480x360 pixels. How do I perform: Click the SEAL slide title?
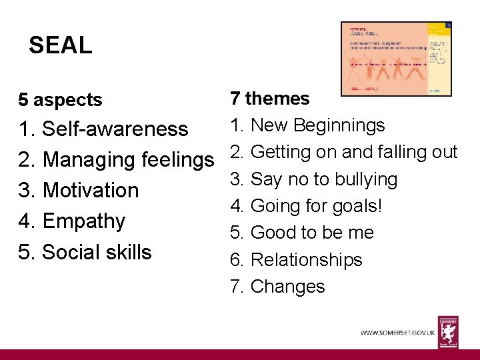click(x=61, y=45)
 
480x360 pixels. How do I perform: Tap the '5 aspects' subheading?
click(x=61, y=100)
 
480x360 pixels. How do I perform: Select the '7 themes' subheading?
click(x=269, y=99)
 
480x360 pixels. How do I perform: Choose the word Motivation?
click(x=91, y=190)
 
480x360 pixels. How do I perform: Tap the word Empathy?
click(x=84, y=221)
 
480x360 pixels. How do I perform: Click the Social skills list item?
click(x=97, y=252)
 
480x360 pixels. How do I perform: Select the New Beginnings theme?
click(x=317, y=125)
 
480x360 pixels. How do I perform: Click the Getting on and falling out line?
click(x=353, y=152)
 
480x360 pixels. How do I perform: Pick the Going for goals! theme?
click(x=316, y=206)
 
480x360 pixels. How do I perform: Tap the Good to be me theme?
click(x=312, y=233)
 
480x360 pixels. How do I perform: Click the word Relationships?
click(x=306, y=259)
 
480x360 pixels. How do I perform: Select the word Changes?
click(x=287, y=287)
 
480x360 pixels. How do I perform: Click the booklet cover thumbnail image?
click(x=396, y=59)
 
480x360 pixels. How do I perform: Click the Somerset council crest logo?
click(x=448, y=331)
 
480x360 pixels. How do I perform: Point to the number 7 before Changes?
click(x=235, y=287)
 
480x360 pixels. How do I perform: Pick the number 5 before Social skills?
click(x=25, y=252)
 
